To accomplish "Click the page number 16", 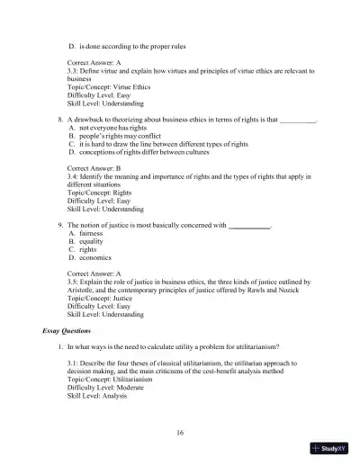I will click(x=180, y=433).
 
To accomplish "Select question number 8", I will click(x=59, y=119).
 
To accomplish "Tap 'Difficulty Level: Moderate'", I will click(x=107, y=389).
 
